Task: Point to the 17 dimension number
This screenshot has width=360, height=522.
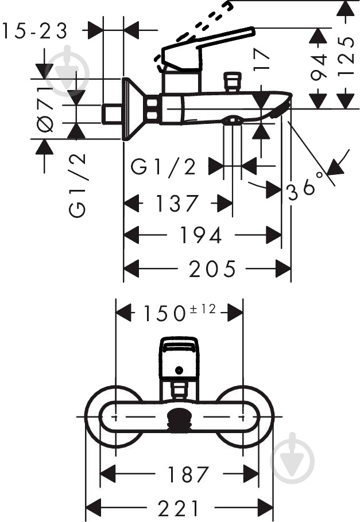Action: point(261,60)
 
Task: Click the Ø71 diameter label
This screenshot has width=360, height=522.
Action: point(46,109)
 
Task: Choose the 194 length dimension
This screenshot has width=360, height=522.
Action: point(200,235)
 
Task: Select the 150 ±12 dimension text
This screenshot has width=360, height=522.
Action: point(179,313)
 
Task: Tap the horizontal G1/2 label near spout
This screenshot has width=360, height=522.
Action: point(164,167)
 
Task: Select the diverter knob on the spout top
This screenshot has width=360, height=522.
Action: point(233,81)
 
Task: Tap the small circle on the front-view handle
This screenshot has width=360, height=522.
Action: point(180,371)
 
